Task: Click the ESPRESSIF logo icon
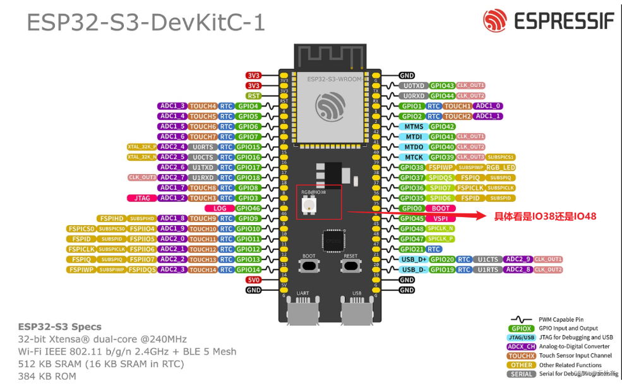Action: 495,21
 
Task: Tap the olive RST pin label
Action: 253,96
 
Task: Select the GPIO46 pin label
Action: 248,208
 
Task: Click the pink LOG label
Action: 220,208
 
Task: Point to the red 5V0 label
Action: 253,279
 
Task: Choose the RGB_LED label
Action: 501,167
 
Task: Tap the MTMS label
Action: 414,126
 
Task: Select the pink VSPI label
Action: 441,218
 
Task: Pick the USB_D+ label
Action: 414,259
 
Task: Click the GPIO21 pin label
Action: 412,249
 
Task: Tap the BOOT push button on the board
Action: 309,266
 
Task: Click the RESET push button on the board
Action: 350,266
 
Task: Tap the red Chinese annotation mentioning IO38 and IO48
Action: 545,216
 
